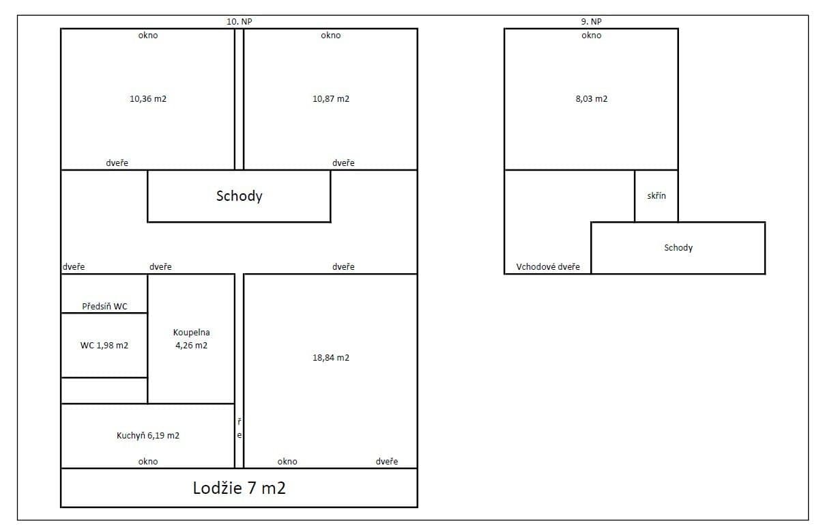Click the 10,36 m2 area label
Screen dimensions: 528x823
pos(148,99)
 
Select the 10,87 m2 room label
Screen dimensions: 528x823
pos(331,99)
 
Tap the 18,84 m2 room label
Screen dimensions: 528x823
pos(331,358)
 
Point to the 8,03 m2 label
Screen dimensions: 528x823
pos(592,99)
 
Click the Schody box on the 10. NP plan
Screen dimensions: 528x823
pos(240,196)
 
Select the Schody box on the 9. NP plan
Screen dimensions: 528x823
pos(678,248)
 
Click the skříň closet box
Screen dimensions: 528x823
pos(656,196)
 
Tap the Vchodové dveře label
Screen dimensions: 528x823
pos(548,267)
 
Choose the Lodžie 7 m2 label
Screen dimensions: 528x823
pos(240,488)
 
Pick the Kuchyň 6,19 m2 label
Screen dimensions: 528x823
pos(148,436)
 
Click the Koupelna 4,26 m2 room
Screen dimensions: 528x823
pos(191,339)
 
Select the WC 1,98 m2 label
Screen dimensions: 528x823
pos(104,346)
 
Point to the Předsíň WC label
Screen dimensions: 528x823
pos(104,307)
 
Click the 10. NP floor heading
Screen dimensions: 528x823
pos(240,22)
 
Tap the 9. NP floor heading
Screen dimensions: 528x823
pos(592,22)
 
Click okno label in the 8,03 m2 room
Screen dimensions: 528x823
pos(592,36)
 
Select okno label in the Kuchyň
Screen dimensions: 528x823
pos(148,462)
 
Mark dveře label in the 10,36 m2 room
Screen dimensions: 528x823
pos(117,163)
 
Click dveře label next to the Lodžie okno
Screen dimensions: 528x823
pos(387,462)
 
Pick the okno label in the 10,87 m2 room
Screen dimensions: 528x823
pos(331,36)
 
